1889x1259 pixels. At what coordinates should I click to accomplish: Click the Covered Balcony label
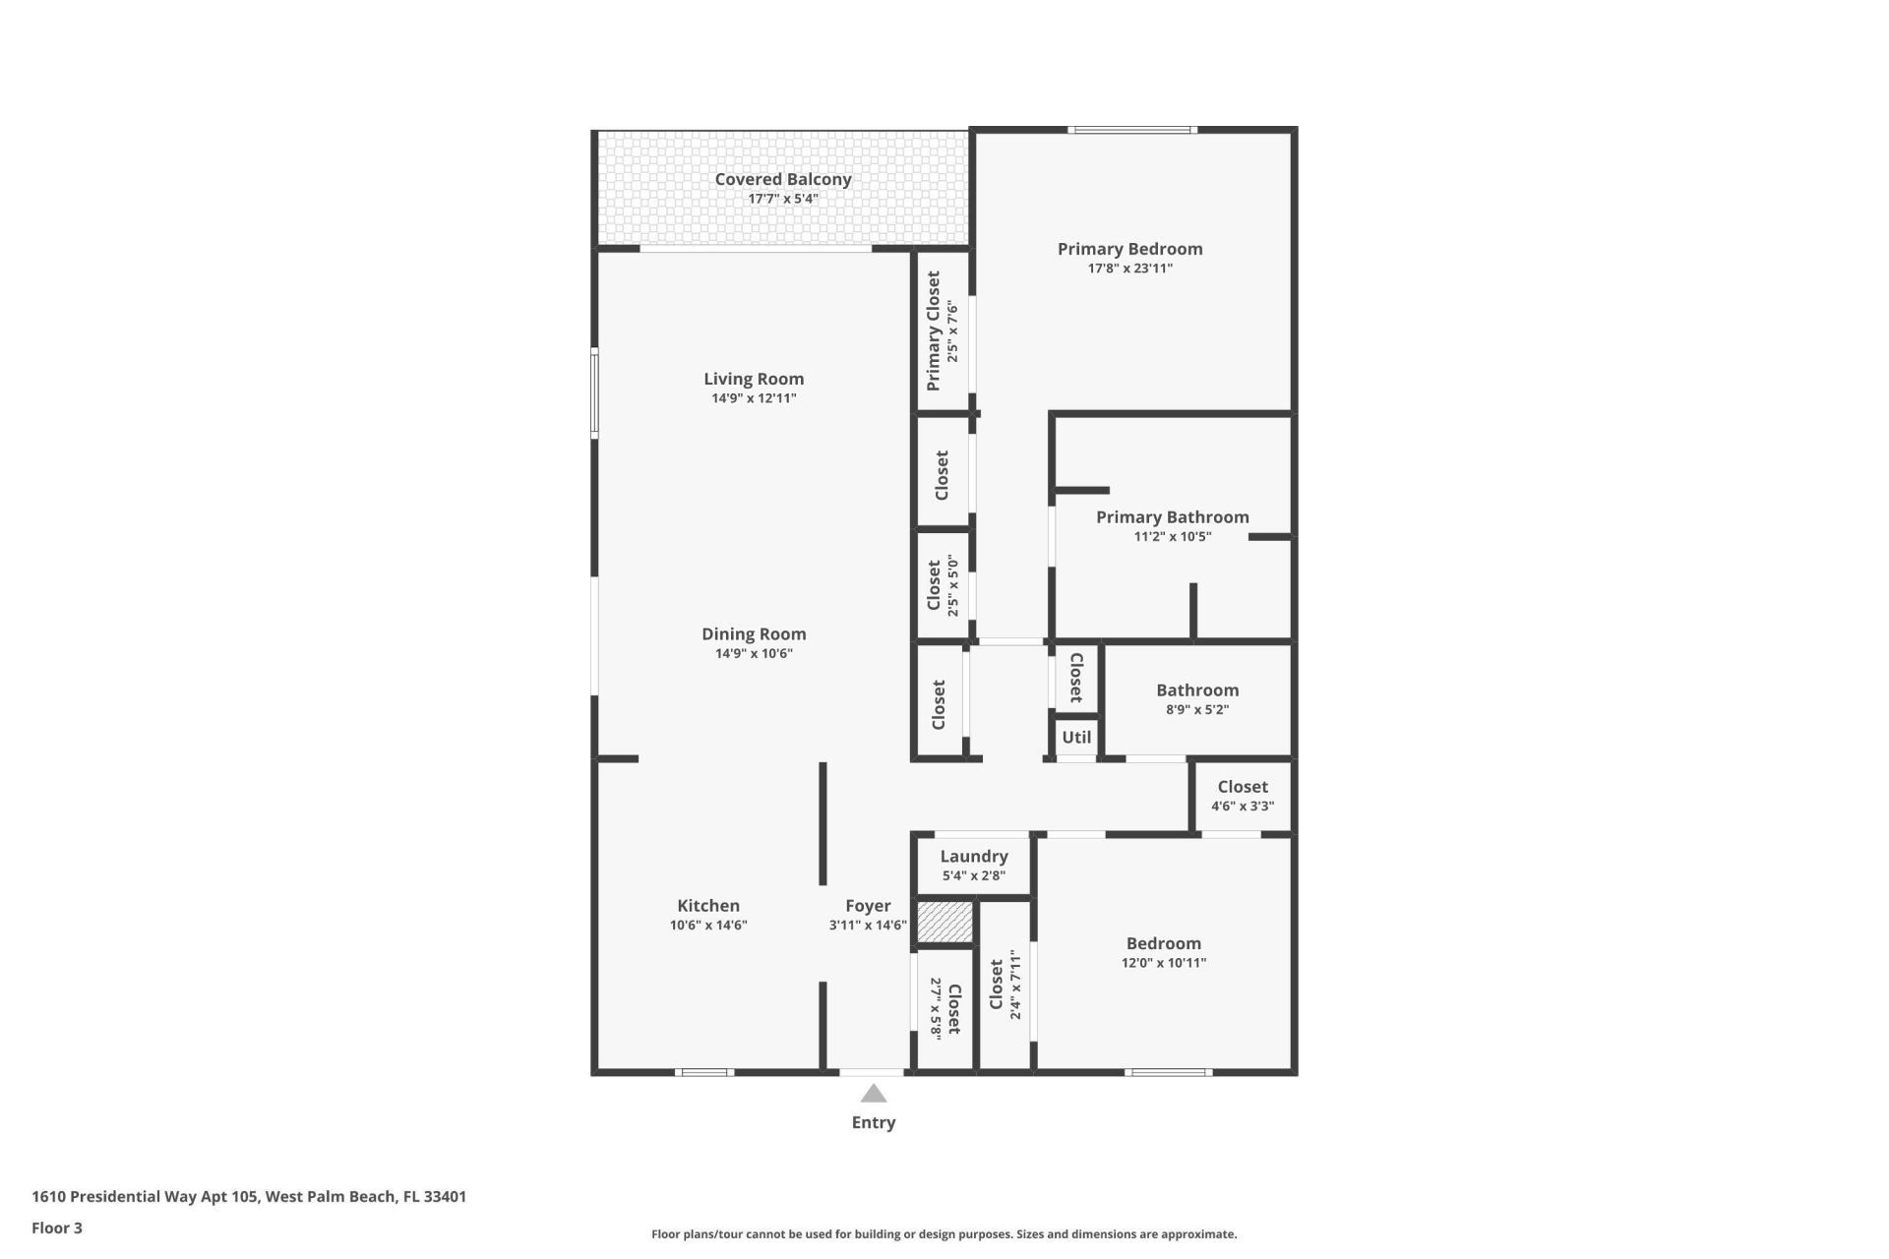[782, 179]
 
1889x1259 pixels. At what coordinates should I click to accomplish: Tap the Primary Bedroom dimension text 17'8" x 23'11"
[1129, 269]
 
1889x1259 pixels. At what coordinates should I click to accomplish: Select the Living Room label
[754, 379]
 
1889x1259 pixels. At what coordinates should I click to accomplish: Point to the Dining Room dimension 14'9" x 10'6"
[754, 654]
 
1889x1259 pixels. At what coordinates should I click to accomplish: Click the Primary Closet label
[934, 330]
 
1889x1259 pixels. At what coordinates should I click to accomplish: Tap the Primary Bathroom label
[1172, 517]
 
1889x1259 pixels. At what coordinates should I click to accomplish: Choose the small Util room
[1076, 737]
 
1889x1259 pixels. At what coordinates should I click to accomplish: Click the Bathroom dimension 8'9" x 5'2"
[1197, 710]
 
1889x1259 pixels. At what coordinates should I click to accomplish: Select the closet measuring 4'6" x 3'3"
[1242, 796]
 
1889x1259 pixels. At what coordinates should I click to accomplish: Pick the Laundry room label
[973, 857]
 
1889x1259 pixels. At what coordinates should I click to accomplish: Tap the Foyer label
[868, 906]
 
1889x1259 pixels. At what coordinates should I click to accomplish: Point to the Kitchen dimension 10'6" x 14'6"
[708, 926]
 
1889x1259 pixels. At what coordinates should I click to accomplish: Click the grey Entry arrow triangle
[874, 1094]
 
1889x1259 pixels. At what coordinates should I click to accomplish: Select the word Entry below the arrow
[874, 1122]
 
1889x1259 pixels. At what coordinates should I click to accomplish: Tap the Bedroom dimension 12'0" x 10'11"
[1163, 963]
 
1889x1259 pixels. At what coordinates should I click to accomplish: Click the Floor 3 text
[57, 1228]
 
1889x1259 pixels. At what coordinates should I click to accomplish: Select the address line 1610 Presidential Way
[249, 1197]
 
